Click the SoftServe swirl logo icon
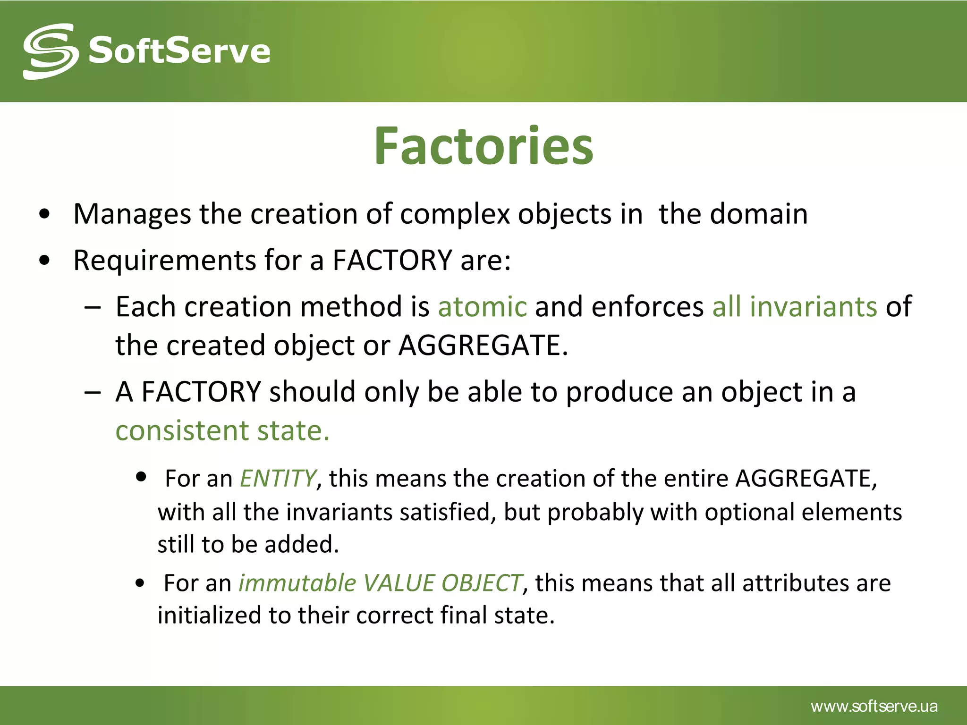click(x=51, y=51)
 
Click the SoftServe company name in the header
click(x=179, y=51)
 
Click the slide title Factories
click(x=483, y=146)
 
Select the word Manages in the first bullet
click(x=132, y=214)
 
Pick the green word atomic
click(x=482, y=307)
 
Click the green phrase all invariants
click(x=794, y=307)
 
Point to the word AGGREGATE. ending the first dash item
click(x=483, y=346)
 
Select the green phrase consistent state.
click(x=222, y=430)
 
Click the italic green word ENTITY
click(x=278, y=478)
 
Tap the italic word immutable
click(x=297, y=583)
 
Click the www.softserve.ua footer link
click(x=874, y=707)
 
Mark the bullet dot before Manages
click(x=45, y=215)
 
